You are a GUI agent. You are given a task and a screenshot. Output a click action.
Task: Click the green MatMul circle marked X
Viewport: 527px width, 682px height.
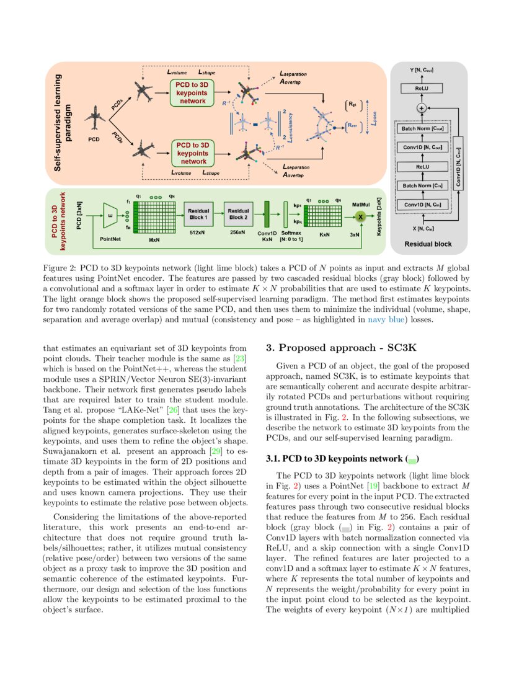pos(360,216)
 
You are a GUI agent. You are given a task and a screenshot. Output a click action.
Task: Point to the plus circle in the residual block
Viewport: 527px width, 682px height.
pos(422,108)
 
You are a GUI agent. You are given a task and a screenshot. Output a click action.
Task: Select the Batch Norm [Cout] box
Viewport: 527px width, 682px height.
pos(422,129)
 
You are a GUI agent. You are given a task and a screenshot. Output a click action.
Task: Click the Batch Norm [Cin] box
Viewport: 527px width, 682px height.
pos(422,185)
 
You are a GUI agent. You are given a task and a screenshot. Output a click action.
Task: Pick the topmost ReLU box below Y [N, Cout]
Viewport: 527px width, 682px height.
pos(422,89)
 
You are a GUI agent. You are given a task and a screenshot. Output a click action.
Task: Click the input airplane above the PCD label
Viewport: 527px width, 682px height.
pos(95,117)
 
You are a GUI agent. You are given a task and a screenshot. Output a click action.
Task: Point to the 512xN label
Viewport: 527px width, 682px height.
pos(198,234)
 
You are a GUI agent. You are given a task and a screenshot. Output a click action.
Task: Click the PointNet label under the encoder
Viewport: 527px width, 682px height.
pos(110,238)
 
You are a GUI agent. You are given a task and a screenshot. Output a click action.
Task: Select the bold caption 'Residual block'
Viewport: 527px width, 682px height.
pos(428,244)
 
